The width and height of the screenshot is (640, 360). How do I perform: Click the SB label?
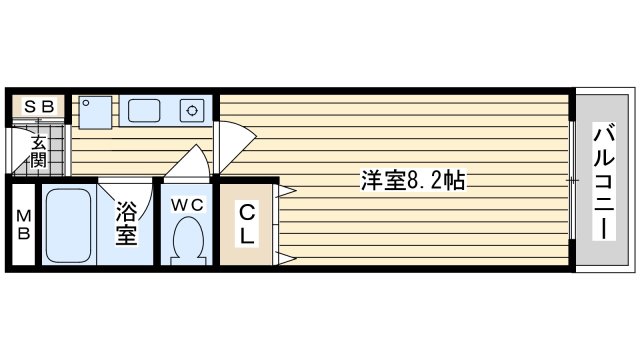point(39,107)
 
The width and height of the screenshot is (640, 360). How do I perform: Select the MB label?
point(23,224)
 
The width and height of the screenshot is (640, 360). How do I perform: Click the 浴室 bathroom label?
point(126,223)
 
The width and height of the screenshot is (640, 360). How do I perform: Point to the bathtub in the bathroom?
point(68,225)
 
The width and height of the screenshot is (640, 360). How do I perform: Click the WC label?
point(187,205)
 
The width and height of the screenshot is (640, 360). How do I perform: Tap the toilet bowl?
point(188,240)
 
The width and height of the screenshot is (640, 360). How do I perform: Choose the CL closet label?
point(247,224)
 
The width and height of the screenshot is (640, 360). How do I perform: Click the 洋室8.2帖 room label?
point(413,180)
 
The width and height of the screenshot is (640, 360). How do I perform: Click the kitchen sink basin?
point(144,110)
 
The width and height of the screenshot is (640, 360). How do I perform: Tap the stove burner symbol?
point(192,111)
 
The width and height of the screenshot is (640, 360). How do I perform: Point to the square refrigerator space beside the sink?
point(95,113)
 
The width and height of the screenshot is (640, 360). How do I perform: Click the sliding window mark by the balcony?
point(573,180)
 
